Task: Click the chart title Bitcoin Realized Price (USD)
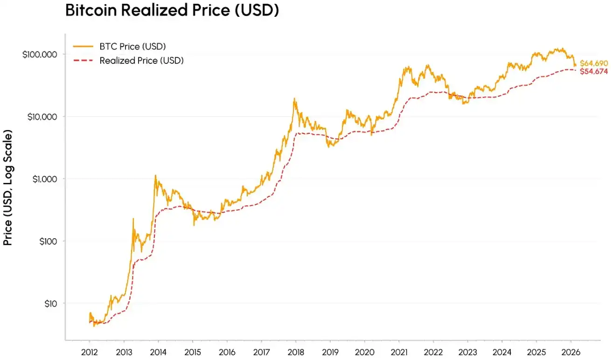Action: [172, 10]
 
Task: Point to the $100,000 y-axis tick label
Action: [40, 55]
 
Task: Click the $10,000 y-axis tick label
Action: [42, 117]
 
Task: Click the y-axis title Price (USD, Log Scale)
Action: [8, 187]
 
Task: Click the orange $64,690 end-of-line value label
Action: [594, 63]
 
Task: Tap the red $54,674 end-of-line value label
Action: [594, 71]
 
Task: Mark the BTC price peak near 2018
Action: [294, 98]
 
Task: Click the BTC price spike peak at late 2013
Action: [155, 175]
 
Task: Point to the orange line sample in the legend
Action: [83, 46]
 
